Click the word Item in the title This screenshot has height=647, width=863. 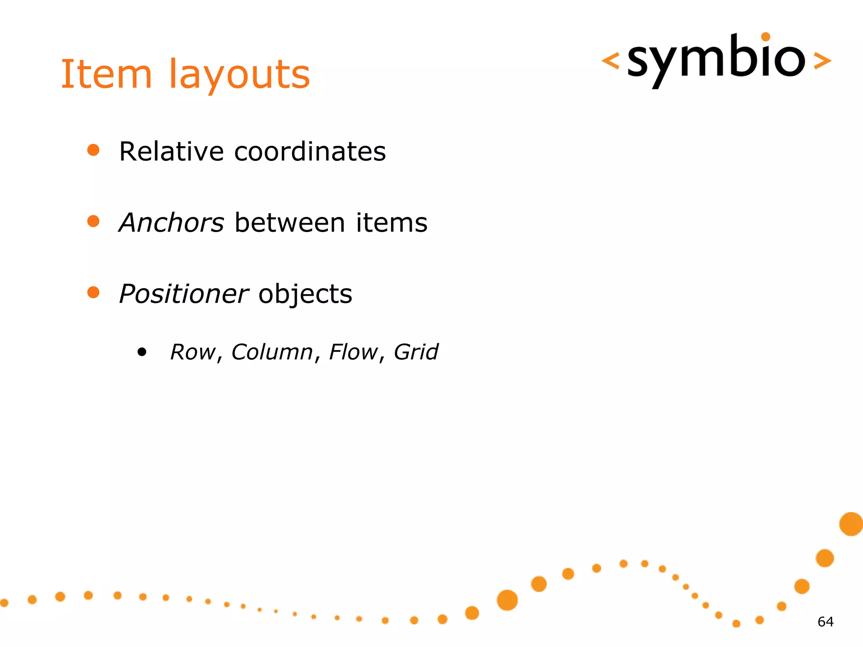click(x=106, y=75)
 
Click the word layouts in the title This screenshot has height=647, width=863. click(x=239, y=76)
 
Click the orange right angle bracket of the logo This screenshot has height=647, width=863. click(x=822, y=61)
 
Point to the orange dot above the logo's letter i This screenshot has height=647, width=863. click(x=766, y=37)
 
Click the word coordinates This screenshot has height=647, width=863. click(x=310, y=151)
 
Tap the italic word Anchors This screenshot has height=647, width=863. click(x=172, y=222)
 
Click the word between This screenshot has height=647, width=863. click(x=290, y=222)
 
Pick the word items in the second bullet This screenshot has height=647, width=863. click(x=391, y=222)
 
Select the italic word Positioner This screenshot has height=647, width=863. click(x=184, y=294)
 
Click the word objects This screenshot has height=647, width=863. click(x=305, y=294)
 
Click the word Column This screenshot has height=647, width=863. click(x=272, y=352)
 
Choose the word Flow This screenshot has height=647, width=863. click(x=353, y=352)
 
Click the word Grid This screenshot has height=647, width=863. click(x=416, y=352)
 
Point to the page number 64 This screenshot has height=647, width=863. click(x=825, y=622)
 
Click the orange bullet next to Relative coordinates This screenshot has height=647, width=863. click(x=93, y=150)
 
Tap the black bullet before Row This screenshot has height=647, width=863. click(x=142, y=352)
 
